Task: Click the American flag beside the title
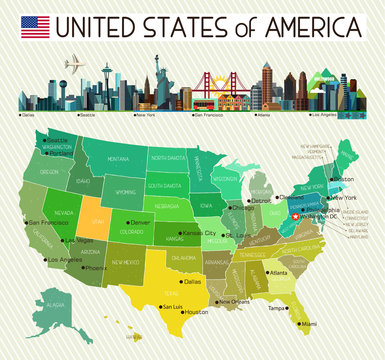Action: pos(35,26)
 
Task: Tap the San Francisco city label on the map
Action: pos(48,222)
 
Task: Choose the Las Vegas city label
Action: pos(80,241)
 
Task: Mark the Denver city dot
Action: pos(126,222)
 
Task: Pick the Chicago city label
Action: pos(242,208)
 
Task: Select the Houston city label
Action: pos(195,312)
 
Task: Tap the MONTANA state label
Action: pos(119,159)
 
